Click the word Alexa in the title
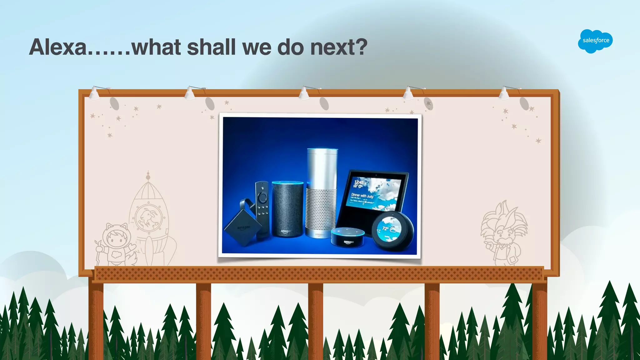58,47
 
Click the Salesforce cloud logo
595,41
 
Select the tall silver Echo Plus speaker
322,192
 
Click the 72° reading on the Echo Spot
385,228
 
